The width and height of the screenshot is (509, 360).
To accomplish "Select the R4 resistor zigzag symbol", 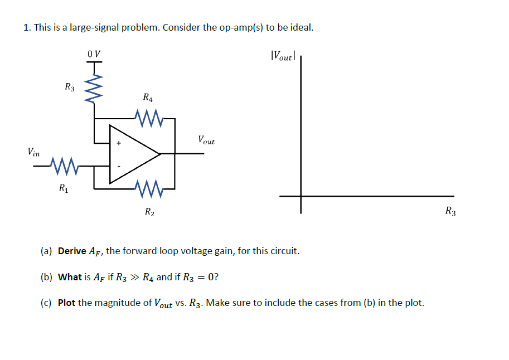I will click(x=148, y=118).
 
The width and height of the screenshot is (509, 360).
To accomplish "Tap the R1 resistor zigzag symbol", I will click(x=63, y=165).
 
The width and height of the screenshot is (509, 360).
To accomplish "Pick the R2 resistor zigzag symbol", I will click(x=148, y=188).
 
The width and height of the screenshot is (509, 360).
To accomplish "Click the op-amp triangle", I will click(x=132, y=153).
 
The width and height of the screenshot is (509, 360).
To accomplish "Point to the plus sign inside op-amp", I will click(x=118, y=143).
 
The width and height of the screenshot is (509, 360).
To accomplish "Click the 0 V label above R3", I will click(x=94, y=54).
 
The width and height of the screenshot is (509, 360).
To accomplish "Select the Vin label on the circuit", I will click(x=33, y=151).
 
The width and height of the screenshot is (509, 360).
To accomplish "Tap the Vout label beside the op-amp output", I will click(x=206, y=140).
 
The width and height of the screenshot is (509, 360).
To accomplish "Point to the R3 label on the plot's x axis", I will click(x=450, y=211).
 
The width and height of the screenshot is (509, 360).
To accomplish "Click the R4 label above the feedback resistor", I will click(x=148, y=98).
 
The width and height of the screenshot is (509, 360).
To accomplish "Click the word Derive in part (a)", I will click(x=72, y=251).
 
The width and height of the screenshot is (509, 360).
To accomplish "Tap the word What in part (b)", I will click(x=70, y=277).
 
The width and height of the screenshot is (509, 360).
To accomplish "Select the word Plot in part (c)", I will click(x=66, y=303).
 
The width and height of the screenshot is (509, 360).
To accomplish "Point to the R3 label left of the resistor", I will click(x=70, y=86).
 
